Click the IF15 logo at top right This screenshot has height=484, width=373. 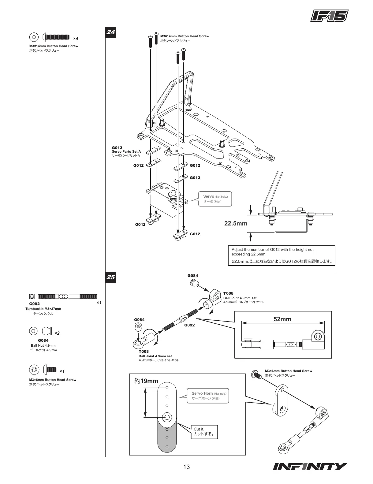[x=329, y=16]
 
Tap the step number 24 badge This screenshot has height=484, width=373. [x=111, y=32]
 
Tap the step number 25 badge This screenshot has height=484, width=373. [x=111, y=277]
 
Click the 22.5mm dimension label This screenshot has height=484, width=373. [x=236, y=223]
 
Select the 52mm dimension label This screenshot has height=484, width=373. [x=282, y=319]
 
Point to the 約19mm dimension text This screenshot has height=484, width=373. [x=146, y=381]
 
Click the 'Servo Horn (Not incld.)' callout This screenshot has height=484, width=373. [x=208, y=396]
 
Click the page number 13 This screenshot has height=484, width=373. [x=186, y=467]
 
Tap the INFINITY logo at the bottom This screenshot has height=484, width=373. [x=309, y=467]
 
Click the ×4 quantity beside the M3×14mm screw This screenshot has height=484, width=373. [x=76, y=39]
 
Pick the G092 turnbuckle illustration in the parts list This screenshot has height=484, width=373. [x=67, y=296]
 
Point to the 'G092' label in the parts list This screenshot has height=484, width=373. [x=35, y=304]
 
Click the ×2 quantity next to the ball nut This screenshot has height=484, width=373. [x=57, y=333]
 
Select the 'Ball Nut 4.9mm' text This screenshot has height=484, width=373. [x=43, y=345]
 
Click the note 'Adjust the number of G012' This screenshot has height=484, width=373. [x=281, y=255]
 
